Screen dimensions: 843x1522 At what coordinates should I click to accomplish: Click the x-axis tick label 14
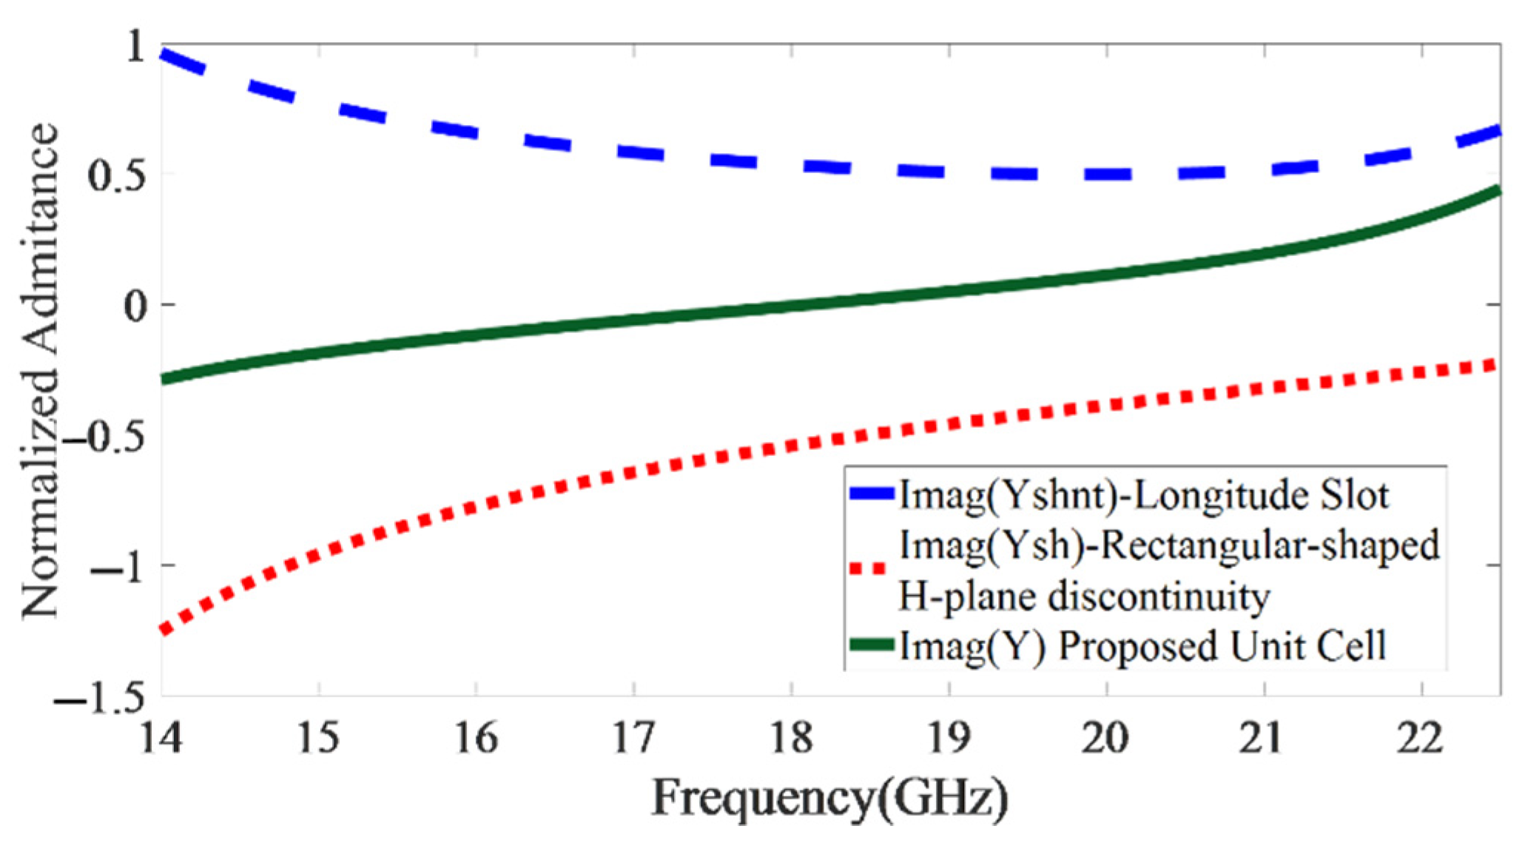[161, 739]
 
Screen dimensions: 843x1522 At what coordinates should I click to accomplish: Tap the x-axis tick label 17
[634, 739]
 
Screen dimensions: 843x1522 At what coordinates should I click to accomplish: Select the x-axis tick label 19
[949, 739]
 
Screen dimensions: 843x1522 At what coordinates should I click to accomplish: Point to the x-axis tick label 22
[1421, 739]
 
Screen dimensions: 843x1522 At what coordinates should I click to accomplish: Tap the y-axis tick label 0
[137, 305]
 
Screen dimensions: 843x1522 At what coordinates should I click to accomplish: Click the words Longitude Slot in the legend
[1261, 495]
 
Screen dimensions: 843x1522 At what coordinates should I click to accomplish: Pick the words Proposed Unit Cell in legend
[1221, 645]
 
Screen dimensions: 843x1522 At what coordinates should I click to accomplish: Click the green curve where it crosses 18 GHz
[792, 305]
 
